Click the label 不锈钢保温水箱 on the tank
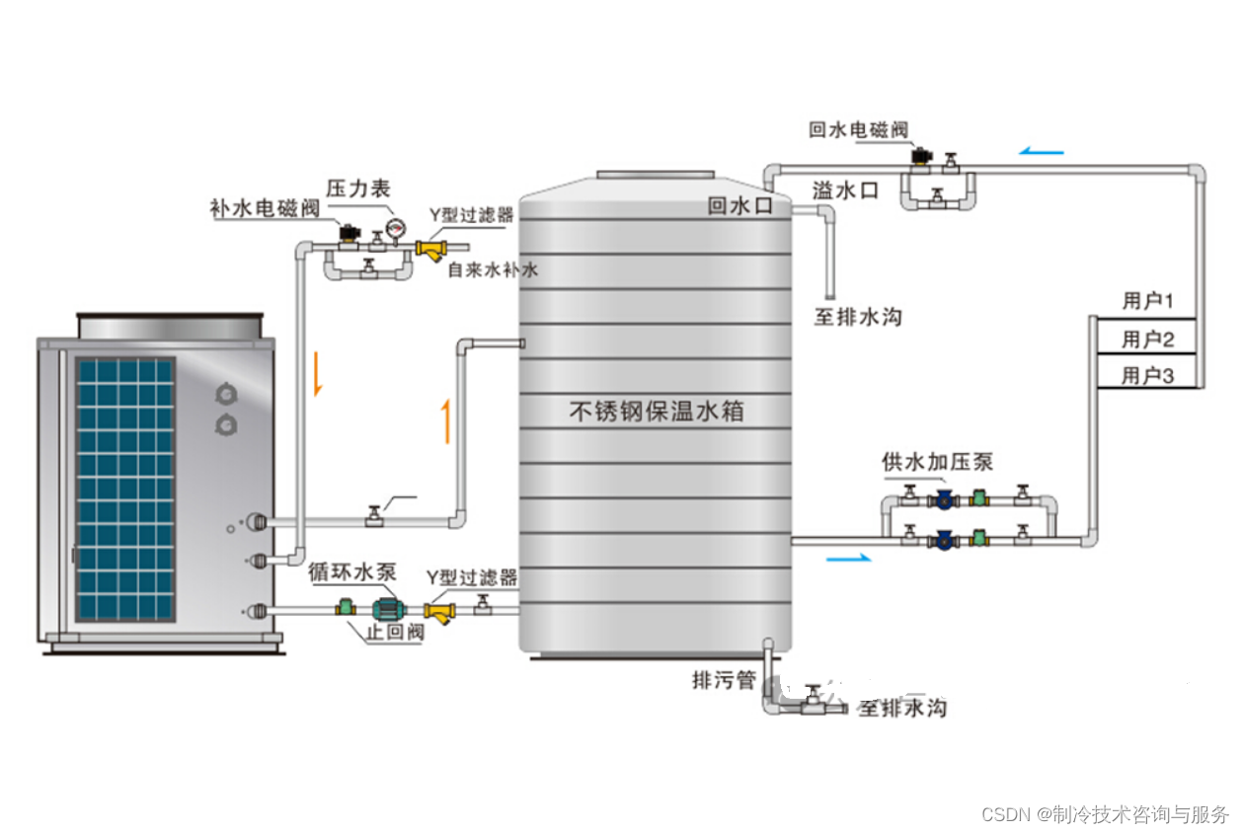pos(656,411)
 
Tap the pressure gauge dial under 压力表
pos(396,229)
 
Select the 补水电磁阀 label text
pos(265,208)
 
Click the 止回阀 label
pos(395,633)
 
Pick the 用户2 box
pos(1146,340)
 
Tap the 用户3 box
pos(1146,375)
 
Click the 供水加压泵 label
pos(937,461)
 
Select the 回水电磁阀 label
pos(857,129)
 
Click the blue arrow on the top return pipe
pos(1042,151)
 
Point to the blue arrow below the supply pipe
pos(848,559)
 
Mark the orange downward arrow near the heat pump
pos(318,375)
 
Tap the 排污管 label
pos(723,680)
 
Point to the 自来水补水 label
pos(493,269)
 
